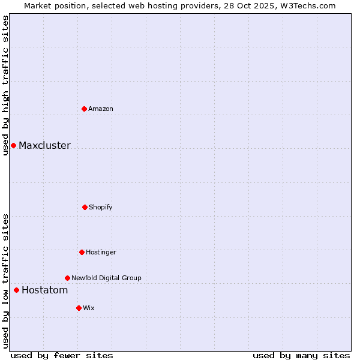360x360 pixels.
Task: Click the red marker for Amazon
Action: pyautogui.click(x=84, y=109)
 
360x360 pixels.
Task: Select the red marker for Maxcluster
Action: pyautogui.click(x=13, y=145)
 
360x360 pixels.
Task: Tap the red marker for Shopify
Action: pyautogui.click(x=85, y=207)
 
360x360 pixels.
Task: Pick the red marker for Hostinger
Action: pyautogui.click(x=82, y=252)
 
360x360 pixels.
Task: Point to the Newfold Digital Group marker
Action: pyautogui.click(x=67, y=278)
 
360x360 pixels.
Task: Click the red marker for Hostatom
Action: pyautogui.click(x=16, y=290)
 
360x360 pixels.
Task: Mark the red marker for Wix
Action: pyautogui.click(x=79, y=308)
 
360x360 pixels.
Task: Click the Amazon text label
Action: pyautogui.click(x=101, y=109)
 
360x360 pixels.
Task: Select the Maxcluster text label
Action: pyautogui.click(x=44, y=146)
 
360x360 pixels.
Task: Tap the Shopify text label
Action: pyautogui.click(x=101, y=207)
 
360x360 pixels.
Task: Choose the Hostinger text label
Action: pyautogui.click(x=101, y=252)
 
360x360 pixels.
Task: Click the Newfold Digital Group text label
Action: pyautogui.click(x=106, y=278)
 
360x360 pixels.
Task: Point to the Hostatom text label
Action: pyautogui.click(x=44, y=290)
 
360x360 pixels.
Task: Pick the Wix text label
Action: pyautogui.click(x=89, y=308)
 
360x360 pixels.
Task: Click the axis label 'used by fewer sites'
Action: pyautogui.click(x=62, y=355)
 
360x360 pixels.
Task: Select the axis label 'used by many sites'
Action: pyautogui.click(x=301, y=355)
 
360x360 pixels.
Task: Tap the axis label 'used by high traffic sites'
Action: pyautogui.click(x=5, y=85)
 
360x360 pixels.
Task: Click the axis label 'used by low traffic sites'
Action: pyautogui.click(x=5, y=280)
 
